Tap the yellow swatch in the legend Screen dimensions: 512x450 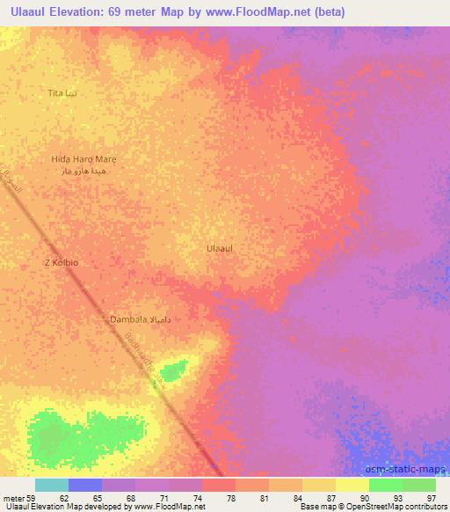(x=352, y=485)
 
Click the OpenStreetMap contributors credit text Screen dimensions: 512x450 (x=397, y=507)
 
